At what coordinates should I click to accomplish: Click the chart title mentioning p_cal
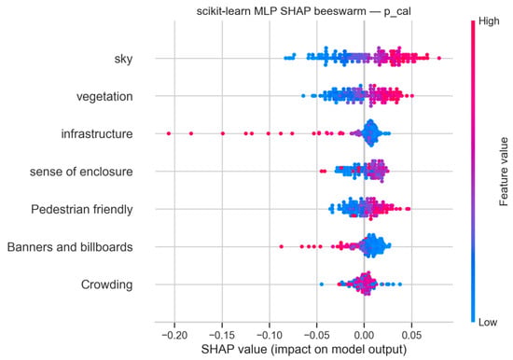[303, 11]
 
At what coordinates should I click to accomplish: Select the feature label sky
[123, 59]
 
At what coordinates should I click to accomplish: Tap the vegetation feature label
[104, 97]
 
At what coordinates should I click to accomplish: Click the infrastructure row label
[97, 134]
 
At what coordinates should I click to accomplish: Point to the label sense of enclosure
[81, 172]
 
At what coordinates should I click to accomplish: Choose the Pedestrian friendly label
[82, 209]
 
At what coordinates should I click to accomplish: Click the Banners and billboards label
[70, 247]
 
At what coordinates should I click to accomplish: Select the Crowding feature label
[106, 284]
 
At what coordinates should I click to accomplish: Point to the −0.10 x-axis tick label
[270, 335]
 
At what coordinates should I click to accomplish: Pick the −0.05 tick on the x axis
[316, 335]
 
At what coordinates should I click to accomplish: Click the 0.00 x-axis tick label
[364, 335]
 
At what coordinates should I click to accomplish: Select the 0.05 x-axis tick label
[411, 335]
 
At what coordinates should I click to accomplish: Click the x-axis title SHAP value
[304, 350]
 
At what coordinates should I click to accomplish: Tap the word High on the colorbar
[489, 21]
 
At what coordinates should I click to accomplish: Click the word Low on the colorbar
[488, 323]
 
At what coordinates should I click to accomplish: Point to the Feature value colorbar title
[504, 172]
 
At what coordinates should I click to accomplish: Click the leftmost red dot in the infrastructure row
[169, 133]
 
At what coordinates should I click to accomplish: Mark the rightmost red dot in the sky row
[439, 58]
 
